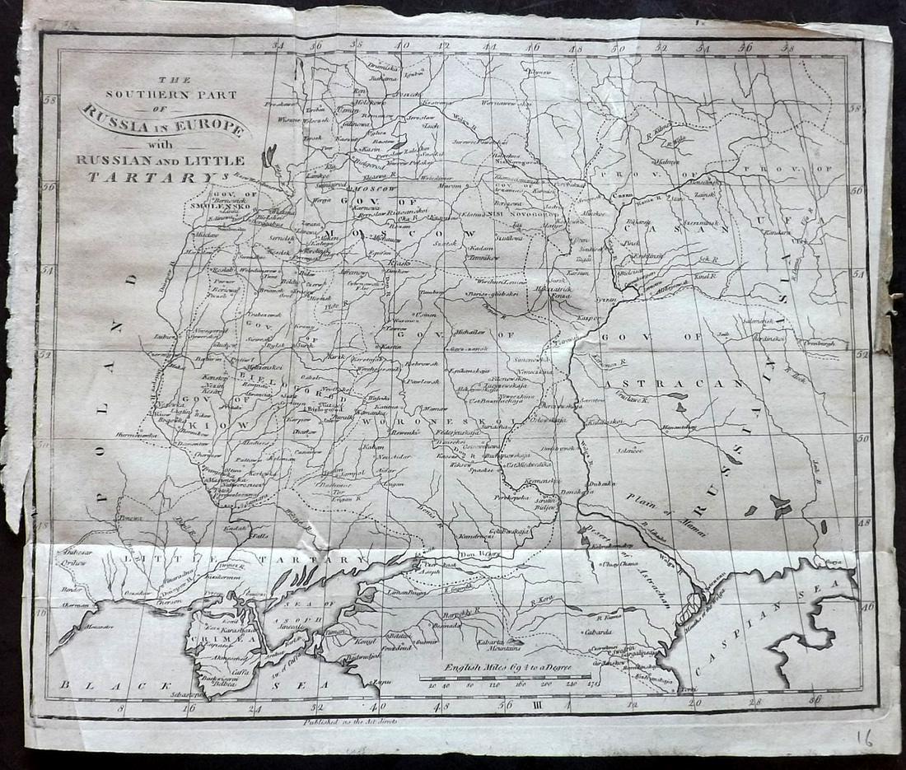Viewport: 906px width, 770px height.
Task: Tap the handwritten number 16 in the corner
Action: pyautogui.click(x=864, y=737)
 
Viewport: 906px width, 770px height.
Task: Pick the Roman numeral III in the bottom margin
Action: pyautogui.click(x=537, y=705)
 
